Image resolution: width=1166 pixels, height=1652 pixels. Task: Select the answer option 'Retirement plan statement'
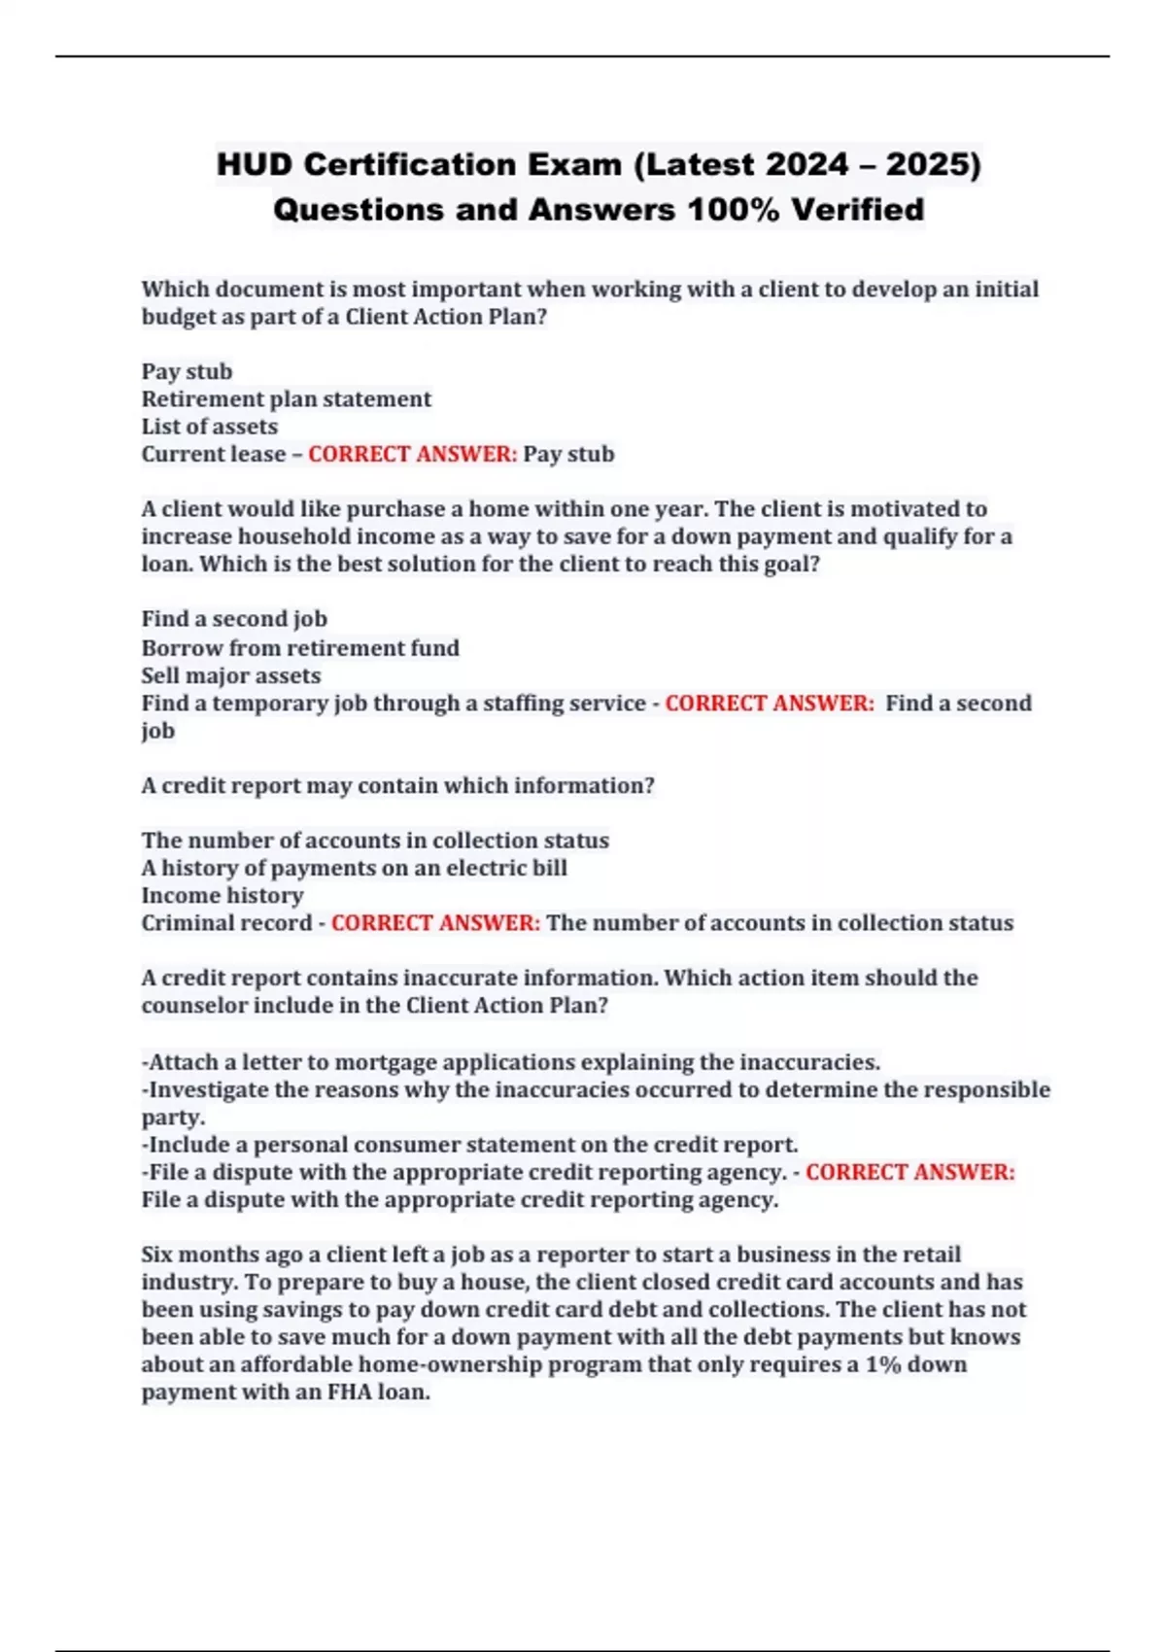click(x=287, y=399)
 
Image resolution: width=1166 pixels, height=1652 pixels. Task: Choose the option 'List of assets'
click(x=210, y=427)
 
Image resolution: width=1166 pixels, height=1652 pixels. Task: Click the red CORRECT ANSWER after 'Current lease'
click(x=413, y=454)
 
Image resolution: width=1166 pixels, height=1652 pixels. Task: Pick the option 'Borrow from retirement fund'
click(x=300, y=648)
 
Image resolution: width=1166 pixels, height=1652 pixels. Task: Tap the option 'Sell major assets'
click(x=231, y=675)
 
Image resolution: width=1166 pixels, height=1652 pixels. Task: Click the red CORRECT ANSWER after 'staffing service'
click(x=770, y=703)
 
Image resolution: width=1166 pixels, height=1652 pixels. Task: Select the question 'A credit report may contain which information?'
click(x=398, y=785)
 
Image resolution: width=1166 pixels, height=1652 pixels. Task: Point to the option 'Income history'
click(x=223, y=895)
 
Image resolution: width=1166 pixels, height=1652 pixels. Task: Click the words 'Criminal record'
click(x=226, y=923)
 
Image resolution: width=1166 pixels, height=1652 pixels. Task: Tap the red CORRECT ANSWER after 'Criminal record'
click(x=435, y=923)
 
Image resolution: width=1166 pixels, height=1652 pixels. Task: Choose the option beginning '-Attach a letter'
click(x=511, y=1062)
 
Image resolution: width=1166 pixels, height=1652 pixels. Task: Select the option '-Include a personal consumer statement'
click(x=470, y=1145)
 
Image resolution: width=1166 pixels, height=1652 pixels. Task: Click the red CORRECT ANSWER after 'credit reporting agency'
click(x=910, y=1172)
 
